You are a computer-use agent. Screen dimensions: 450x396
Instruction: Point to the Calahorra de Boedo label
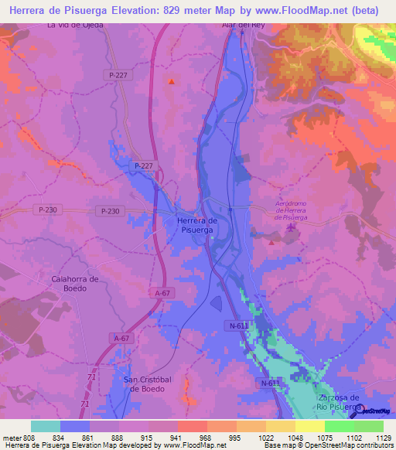pos(74,283)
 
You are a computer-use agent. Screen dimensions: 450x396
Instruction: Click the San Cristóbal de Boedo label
pos(152,384)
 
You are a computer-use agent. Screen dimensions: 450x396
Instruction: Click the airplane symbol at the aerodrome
pos(291,227)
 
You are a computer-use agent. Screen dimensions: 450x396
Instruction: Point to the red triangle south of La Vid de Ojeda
pos(171,80)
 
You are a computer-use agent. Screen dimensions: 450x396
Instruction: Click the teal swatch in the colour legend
pos(45,426)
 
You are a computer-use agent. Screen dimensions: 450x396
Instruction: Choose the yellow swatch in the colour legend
pos(309,426)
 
